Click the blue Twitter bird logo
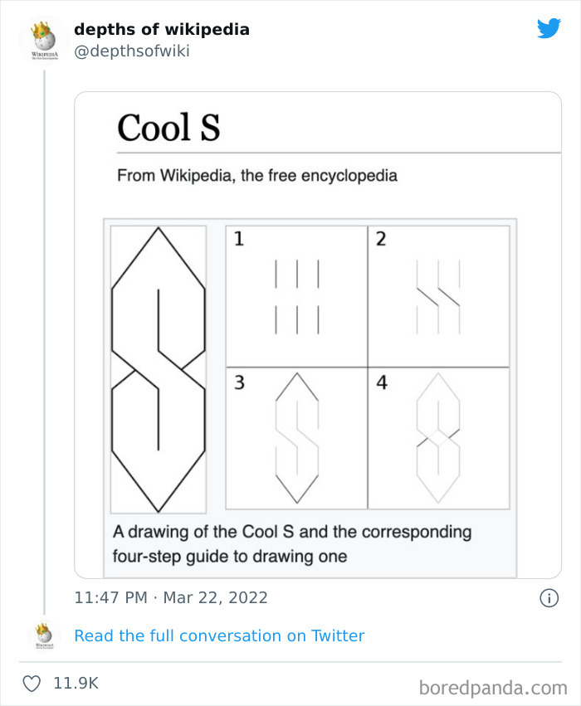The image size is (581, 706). pyautogui.click(x=549, y=29)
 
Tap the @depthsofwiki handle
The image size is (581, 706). pyautogui.click(x=132, y=51)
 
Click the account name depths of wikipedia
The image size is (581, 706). pyautogui.click(x=161, y=30)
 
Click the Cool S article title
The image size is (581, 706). pyautogui.click(x=168, y=128)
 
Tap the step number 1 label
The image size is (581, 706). pyautogui.click(x=239, y=240)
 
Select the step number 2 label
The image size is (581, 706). pyautogui.click(x=381, y=240)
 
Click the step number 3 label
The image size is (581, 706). pyautogui.click(x=239, y=383)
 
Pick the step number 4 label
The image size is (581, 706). pyautogui.click(x=382, y=383)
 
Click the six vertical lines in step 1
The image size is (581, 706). pyautogui.click(x=296, y=296)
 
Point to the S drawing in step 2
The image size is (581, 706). pyautogui.click(x=438, y=296)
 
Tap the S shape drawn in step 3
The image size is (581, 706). pyautogui.click(x=296, y=438)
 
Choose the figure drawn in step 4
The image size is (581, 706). pyautogui.click(x=438, y=438)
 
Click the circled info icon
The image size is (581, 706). pyautogui.click(x=549, y=597)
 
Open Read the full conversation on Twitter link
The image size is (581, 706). pyautogui.click(x=219, y=635)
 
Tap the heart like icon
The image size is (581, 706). pyautogui.click(x=32, y=684)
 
